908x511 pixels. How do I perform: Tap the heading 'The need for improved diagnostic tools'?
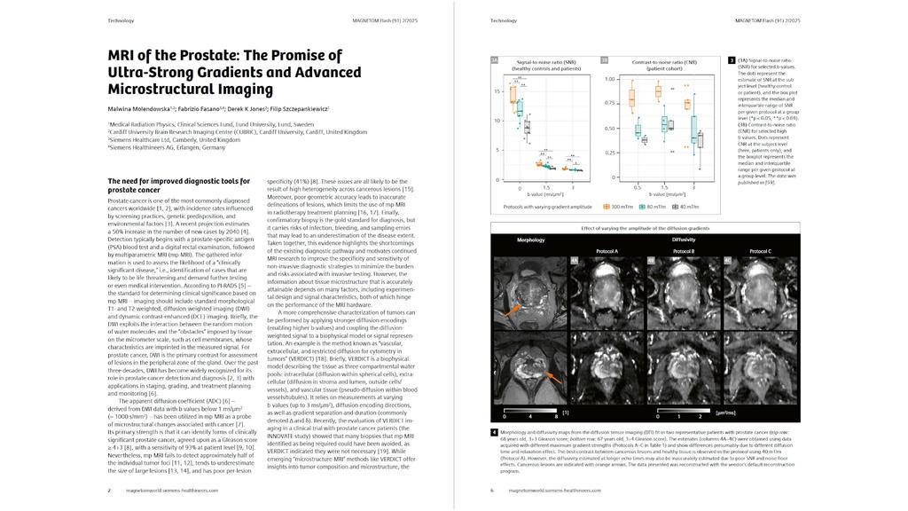[x=178, y=181]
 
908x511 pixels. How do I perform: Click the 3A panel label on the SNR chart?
[x=495, y=60]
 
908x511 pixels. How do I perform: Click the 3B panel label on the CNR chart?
[x=605, y=60]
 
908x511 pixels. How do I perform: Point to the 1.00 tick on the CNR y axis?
[x=611, y=79]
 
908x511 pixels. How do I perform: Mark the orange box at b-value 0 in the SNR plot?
[x=512, y=92]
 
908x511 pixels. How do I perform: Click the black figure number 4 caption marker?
[x=494, y=432]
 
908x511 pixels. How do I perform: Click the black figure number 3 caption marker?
[x=730, y=60]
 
